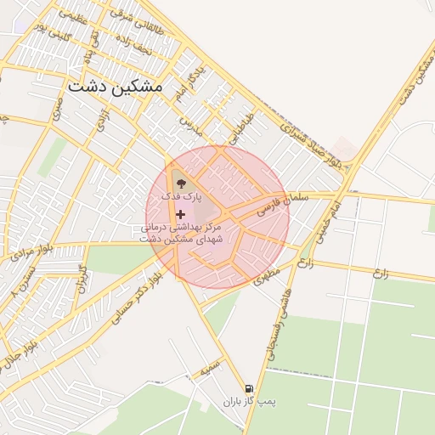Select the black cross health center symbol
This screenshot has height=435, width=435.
[x=180, y=213]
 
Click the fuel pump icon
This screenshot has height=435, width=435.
[x=248, y=387]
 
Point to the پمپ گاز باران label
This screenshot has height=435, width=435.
[x=257, y=400]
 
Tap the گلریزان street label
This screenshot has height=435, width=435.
[x=83, y=278]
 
